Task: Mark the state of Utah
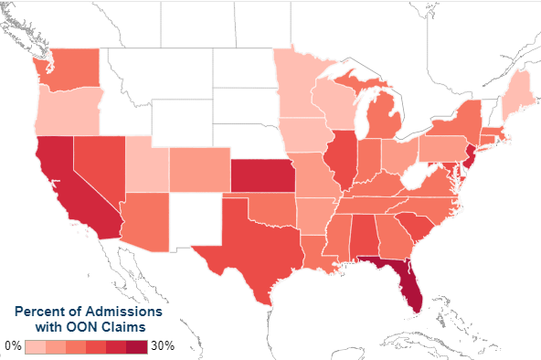(x=146, y=164)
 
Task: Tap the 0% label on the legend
(x=13, y=346)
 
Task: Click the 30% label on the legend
(x=162, y=346)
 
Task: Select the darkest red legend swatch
(x=136, y=347)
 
